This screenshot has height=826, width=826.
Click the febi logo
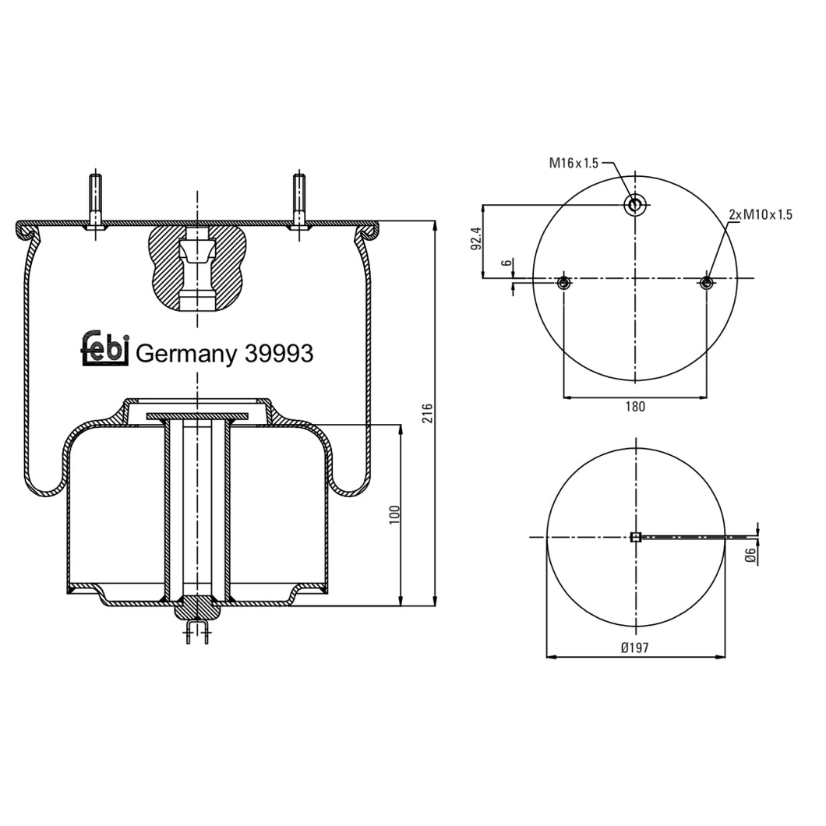104,348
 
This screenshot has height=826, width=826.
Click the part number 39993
279,354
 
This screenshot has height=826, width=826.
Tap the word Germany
186,355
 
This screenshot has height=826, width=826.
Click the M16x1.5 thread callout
574,163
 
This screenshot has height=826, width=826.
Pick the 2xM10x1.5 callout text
760,214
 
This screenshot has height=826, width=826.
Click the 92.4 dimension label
477,238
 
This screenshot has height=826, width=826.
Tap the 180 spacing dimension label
635,406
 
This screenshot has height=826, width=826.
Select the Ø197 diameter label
635,648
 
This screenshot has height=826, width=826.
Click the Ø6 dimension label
750,555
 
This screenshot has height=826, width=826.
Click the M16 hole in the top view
635,205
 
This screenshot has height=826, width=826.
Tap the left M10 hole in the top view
564,282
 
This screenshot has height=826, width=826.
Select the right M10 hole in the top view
706,282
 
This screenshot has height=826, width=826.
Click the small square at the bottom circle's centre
635,537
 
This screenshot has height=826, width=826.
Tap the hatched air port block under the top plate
197,267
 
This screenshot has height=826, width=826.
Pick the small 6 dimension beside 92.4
508,263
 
